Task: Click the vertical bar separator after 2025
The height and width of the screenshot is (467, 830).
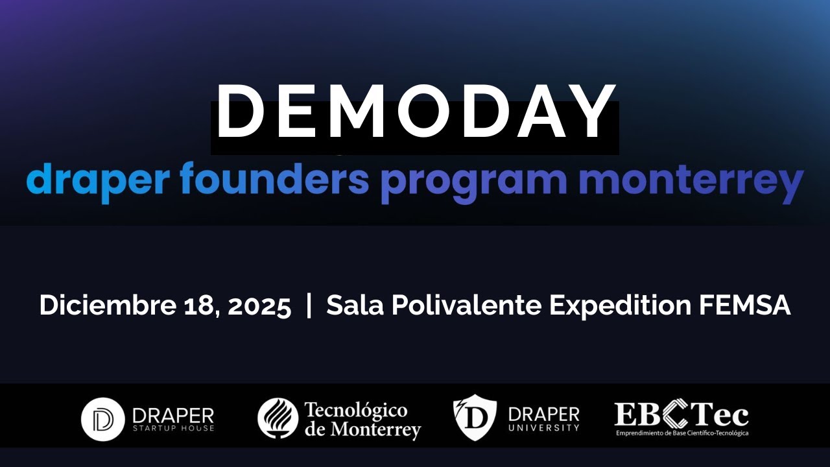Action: (x=309, y=305)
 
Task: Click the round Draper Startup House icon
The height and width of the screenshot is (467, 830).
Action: (x=102, y=419)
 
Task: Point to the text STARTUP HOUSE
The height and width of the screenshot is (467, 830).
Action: (x=172, y=428)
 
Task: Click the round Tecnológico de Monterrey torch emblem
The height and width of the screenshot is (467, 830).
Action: (x=278, y=418)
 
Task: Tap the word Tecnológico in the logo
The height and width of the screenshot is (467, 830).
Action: (x=355, y=411)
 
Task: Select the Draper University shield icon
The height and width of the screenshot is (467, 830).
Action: (x=475, y=418)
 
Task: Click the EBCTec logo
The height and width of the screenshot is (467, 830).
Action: (x=682, y=418)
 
